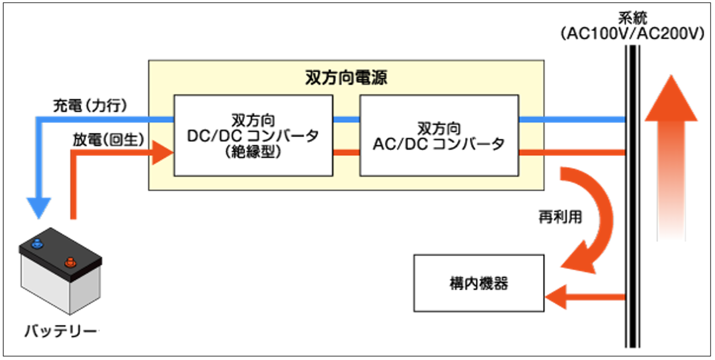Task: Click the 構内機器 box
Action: (x=478, y=283)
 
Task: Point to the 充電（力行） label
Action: (x=90, y=105)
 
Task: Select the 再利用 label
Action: (x=559, y=217)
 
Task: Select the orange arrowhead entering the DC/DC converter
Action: (x=162, y=152)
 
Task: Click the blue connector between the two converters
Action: (x=346, y=119)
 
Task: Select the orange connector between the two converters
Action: (x=346, y=152)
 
